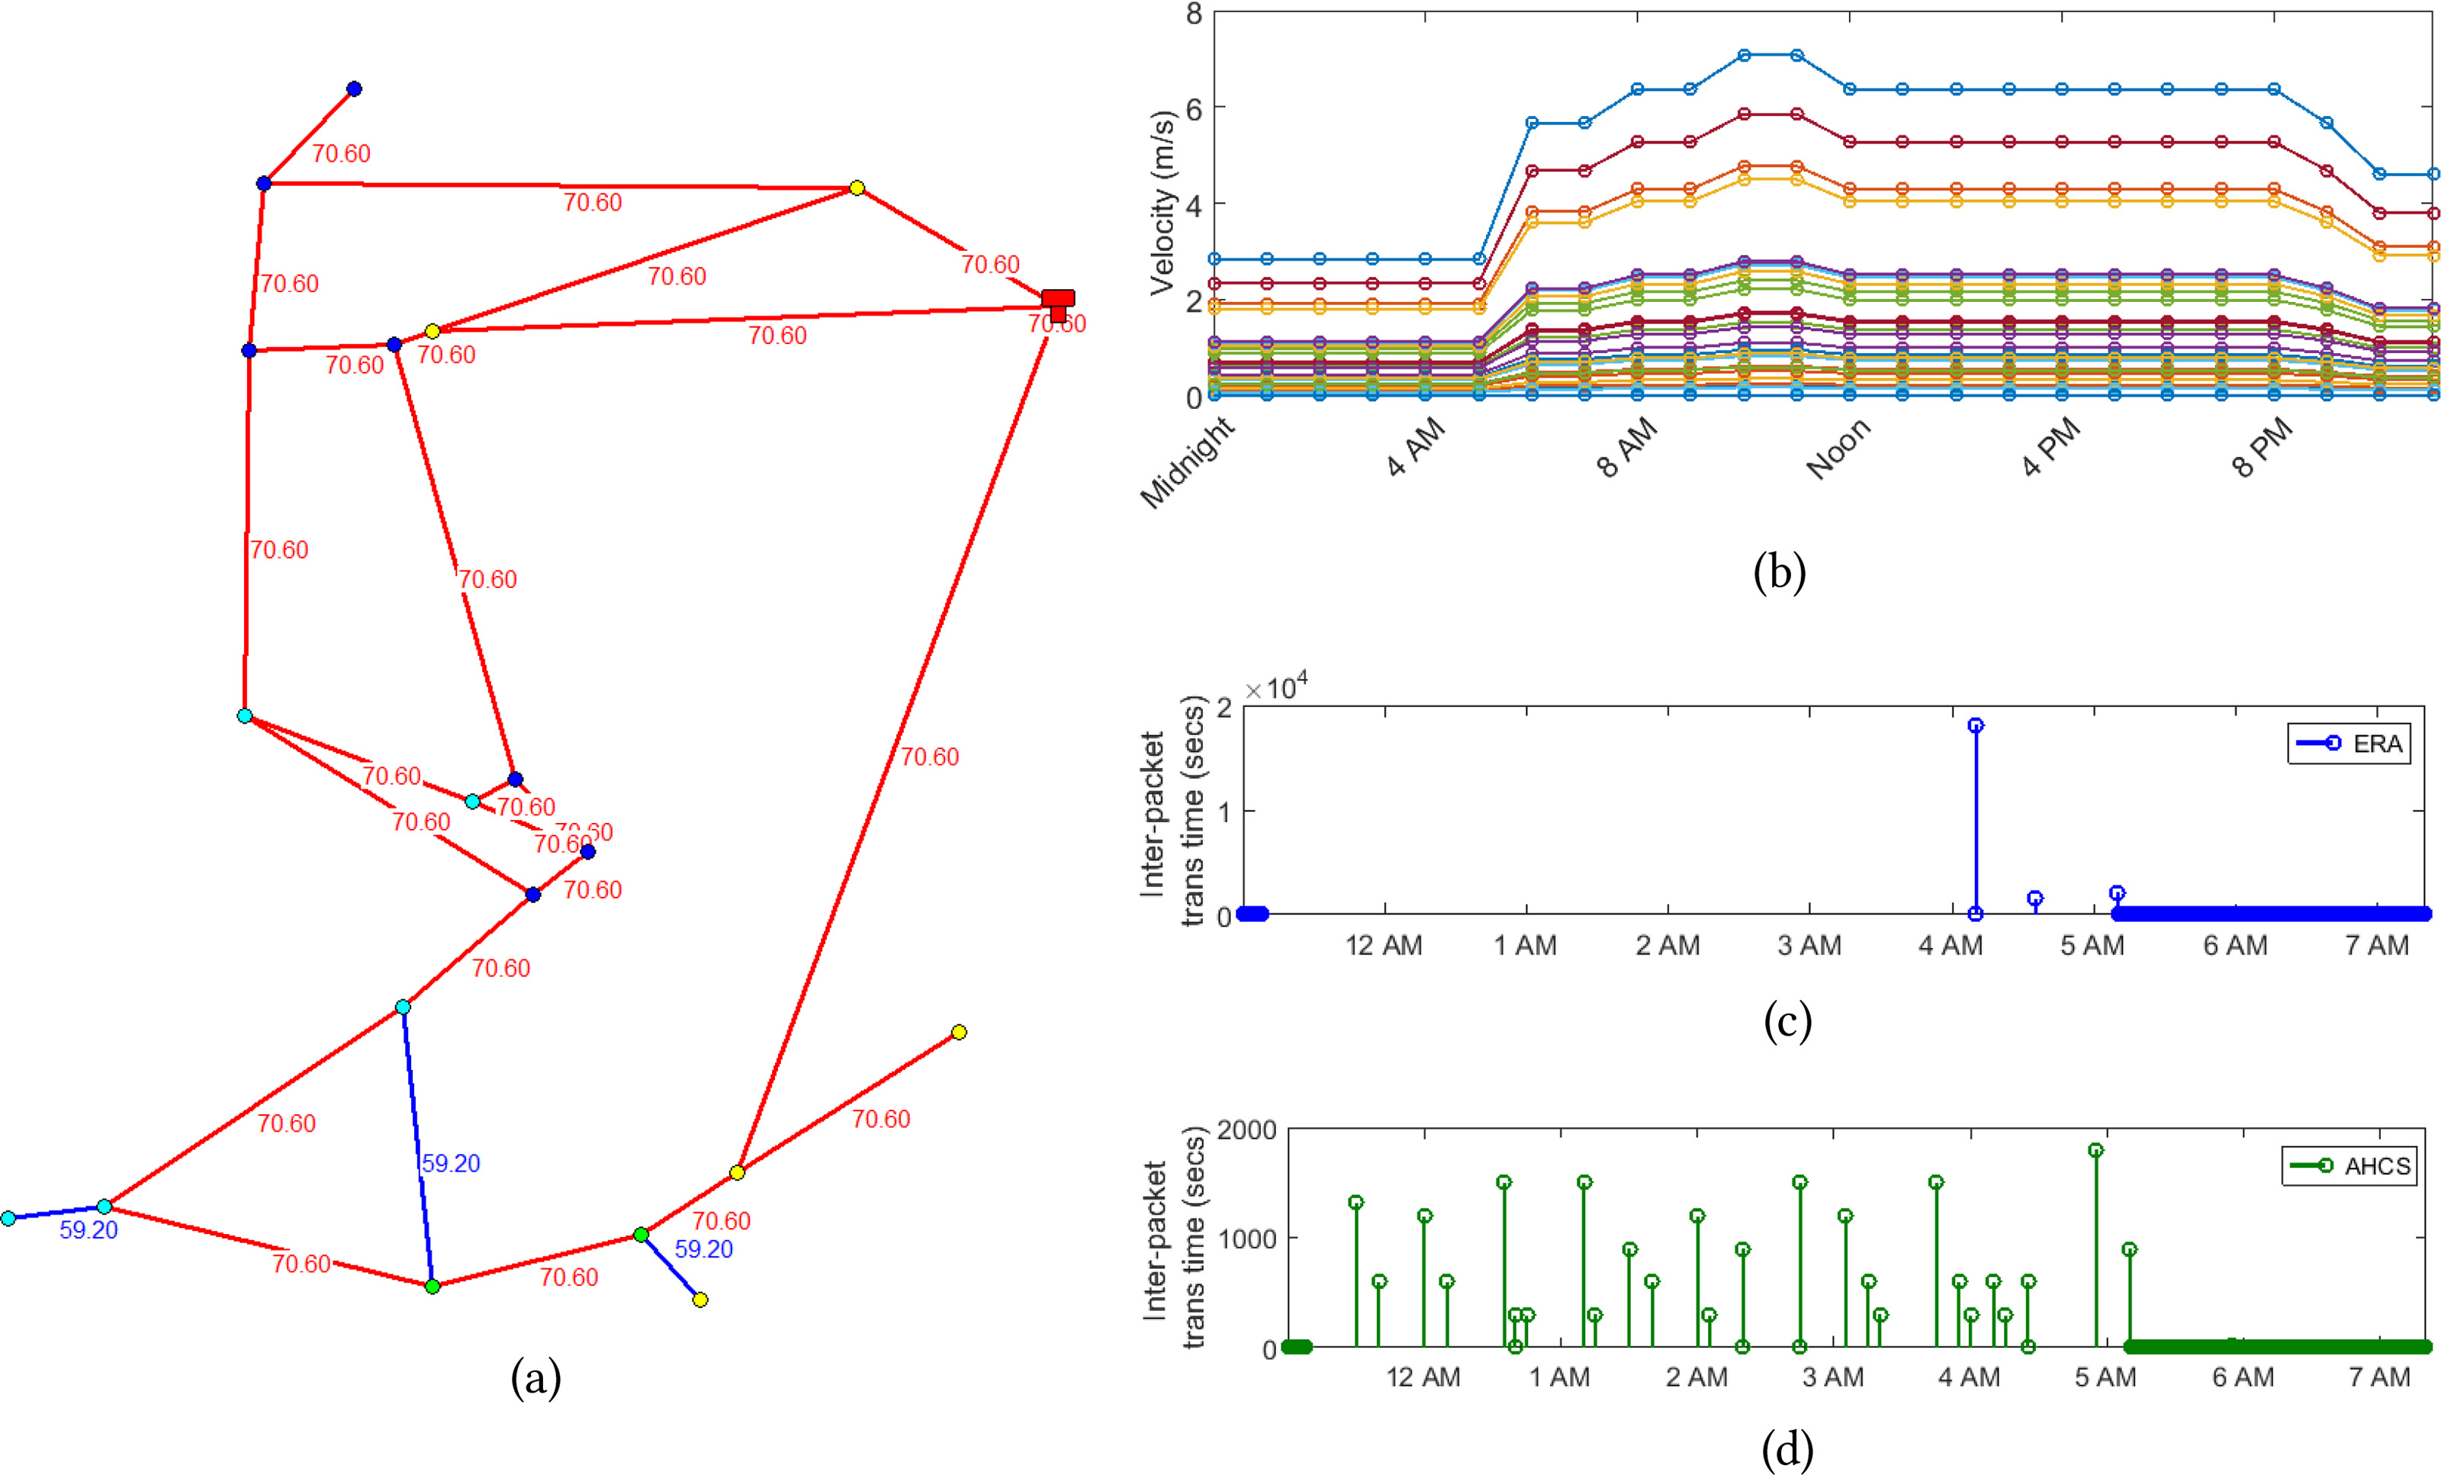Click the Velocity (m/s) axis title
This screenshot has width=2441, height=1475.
click(x=1162, y=203)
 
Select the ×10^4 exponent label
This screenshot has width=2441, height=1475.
click(x=1276, y=686)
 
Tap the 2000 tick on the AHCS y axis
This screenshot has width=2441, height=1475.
click(x=1246, y=1130)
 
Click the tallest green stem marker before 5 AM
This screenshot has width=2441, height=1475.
click(x=2095, y=1150)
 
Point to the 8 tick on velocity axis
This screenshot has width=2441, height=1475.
click(x=1194, y=14)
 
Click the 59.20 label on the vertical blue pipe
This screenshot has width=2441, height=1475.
click(x=451, y=1163)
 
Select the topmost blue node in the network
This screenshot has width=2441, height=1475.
click(x=354, y=89)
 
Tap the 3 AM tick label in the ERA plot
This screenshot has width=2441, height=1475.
click(x=1809, y=946)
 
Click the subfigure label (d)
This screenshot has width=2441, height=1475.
click(x=1787, y=1451)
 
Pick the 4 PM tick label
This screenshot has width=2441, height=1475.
click(x=2050, y=448)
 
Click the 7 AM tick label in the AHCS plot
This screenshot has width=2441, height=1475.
click(x=2378, y=1378)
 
